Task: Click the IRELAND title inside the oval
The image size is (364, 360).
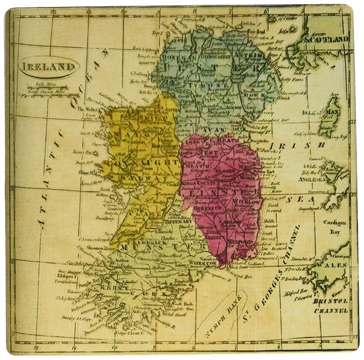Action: (49, 67)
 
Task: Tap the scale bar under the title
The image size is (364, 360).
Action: (48, 89)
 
